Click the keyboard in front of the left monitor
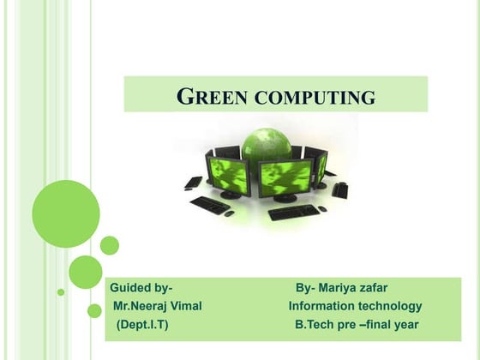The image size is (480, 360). (211, 205)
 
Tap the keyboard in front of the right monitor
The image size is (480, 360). (292, 212)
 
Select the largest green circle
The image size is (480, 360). (66, 213)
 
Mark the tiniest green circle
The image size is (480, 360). (61, 291)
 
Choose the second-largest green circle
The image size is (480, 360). (86, 272)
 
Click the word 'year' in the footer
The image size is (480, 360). (404, 325)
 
